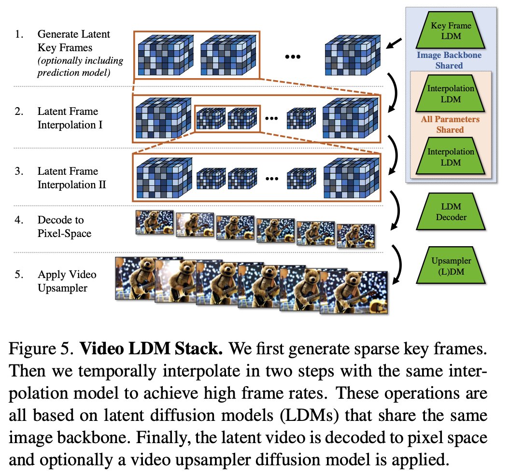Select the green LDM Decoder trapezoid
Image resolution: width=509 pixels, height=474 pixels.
tap(451, 211)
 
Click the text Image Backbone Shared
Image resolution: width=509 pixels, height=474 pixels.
tap(449, 60)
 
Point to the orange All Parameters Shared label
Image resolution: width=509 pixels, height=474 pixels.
tap(450, 124)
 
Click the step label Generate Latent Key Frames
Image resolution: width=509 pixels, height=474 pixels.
tap(74, 41)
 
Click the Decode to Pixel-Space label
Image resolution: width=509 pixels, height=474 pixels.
tap(64, 226)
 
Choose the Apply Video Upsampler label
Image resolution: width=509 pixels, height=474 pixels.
tap(67, 281)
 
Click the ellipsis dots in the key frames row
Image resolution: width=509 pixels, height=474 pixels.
tap(293, 56)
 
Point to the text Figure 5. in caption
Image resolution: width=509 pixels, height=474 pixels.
tap(39, 349)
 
